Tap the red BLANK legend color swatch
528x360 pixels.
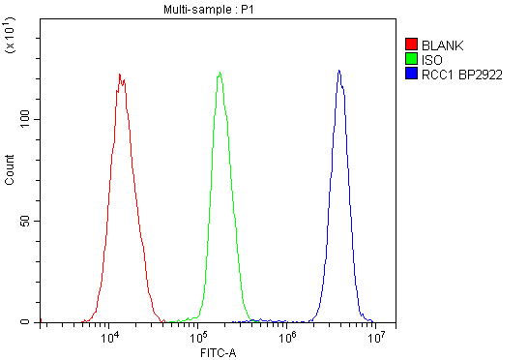coord(411,44)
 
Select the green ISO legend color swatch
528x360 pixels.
coord(411,58)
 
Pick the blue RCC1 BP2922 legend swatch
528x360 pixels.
coord(411,73)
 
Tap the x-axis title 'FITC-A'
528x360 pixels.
coord(213,351)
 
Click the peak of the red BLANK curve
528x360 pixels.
coord(119,75)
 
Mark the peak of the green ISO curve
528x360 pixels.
coord(220,73)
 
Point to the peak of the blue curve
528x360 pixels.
coord(338,70)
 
